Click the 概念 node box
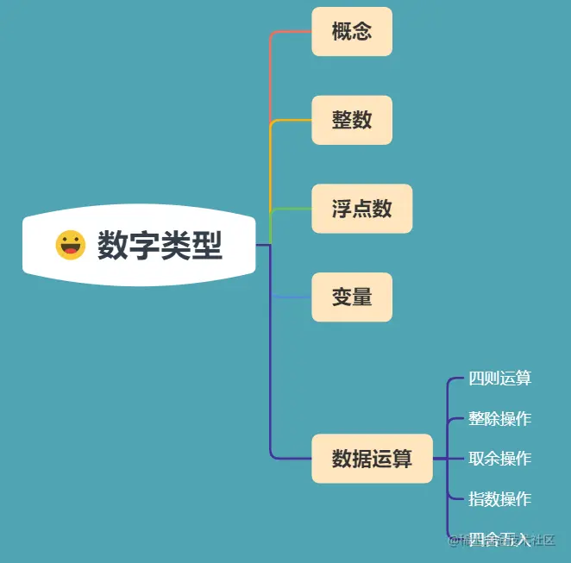coord(352,32)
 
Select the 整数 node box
coord(352,120)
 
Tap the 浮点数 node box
coord(361,209)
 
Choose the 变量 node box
coord(352,297)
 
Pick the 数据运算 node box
coord(372,459)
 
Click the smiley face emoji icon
coord(71,245)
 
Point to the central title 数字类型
coord(160,246)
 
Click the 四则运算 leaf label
coord(499,378)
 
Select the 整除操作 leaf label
coord(499,419)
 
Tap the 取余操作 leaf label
coord(499,459)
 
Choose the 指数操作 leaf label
coord(499,499)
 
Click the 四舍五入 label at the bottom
coord(499,540)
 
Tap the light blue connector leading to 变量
coord(291,297)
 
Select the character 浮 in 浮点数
coord(342,209)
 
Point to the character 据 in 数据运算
coord(362,459)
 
